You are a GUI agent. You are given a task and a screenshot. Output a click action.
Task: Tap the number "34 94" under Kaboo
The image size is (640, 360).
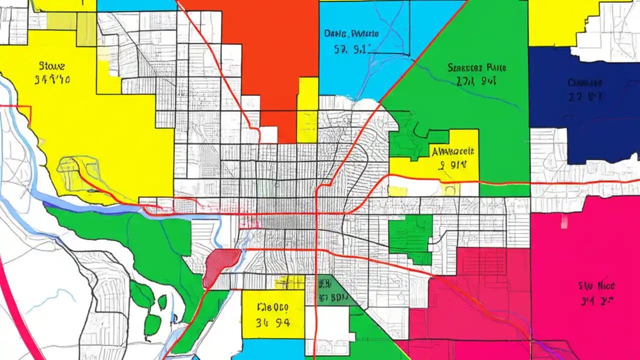tap(272, 323)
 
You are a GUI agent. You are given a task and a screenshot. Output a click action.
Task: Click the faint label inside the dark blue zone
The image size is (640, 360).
tap(585, 83)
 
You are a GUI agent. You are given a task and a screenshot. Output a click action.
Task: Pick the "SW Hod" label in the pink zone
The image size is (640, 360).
tap(596, 286)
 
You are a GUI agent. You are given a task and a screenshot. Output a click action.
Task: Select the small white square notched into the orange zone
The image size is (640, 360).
tap(268, 134)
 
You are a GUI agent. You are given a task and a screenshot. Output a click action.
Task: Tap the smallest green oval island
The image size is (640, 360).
tap(162, 302)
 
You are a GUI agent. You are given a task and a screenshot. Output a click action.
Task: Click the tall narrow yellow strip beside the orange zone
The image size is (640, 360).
tap(307, 110)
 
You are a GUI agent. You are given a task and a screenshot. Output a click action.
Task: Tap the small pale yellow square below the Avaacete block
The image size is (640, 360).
tap(397, 191)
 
